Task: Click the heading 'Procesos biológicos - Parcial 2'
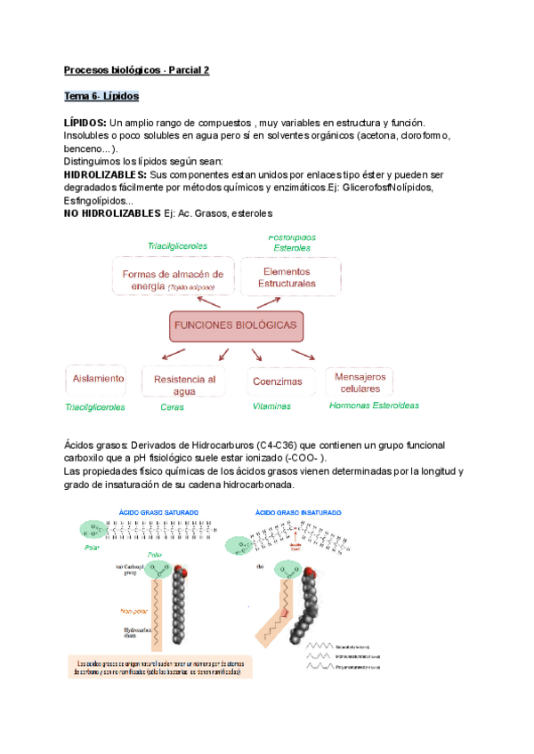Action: click(x=136, y=68)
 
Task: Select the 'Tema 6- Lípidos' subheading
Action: click(x=101, y=95)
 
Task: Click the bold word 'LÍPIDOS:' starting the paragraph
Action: click(x=85, y=122)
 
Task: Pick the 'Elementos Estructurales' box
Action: click(x=287, y=277)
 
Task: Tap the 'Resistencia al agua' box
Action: click(x=185, y=385)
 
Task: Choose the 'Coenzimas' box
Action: click(x=277, y=381)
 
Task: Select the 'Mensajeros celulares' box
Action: click(x=360, y=382)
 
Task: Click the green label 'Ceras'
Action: click(x=172, y=407)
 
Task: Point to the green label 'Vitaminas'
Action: click(x=271, y=406)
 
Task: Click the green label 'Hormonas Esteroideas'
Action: click(x=373, y=405)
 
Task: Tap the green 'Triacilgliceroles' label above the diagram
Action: click(x=177, y=246)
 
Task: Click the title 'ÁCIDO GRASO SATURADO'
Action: click(x=159, y=512)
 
